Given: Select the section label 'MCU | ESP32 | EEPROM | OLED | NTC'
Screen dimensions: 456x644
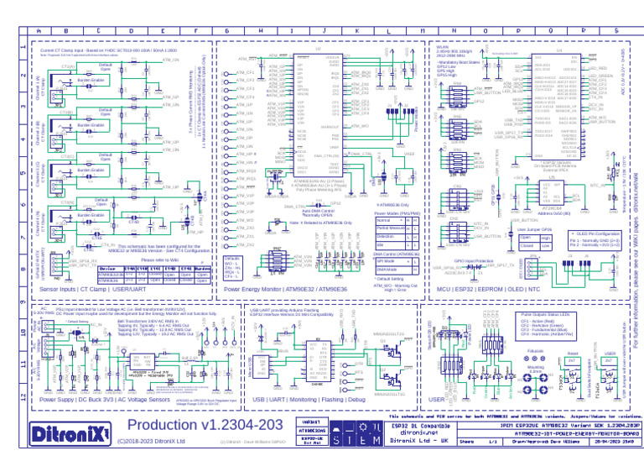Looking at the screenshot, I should (500, 288).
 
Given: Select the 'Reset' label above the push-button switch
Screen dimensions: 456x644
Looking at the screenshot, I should (572, 354).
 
